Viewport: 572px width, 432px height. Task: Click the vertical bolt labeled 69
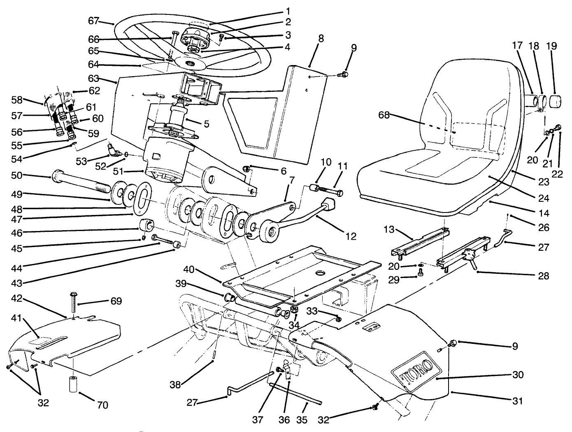(x=73, y=303)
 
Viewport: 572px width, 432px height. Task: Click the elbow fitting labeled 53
(x=112, y=151)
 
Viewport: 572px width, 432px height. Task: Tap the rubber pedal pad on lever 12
(x=329, y=204)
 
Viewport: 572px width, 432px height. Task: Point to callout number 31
(x=518, y=400)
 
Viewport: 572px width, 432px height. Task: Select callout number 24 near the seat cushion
(x=544, y=198)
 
